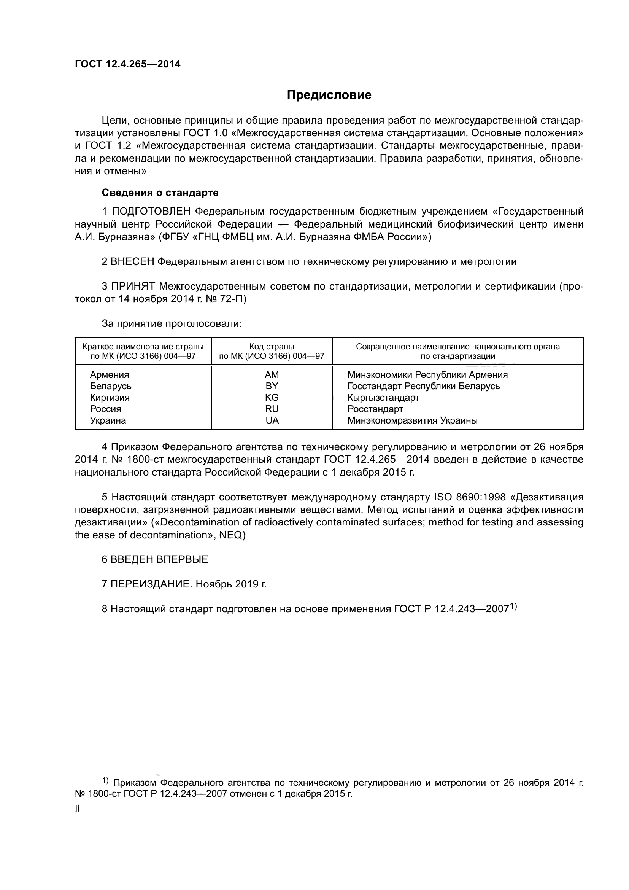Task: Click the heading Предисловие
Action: point(329,95)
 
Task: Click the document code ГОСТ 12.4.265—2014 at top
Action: point(127,64)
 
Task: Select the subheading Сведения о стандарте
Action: point(160,193)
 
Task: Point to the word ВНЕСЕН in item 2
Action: point(132,262)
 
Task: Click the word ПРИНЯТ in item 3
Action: point(133,287)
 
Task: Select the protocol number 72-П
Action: point(232,299)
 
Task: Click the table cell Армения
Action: point(109,375)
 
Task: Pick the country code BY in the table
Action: point(272,386)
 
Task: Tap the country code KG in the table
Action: point(272,398)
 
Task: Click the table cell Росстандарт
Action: point(375,409)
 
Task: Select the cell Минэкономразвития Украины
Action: point(412,420)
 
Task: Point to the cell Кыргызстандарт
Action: point(383,398)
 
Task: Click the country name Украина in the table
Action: point(108,420)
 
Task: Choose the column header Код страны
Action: point(272,347)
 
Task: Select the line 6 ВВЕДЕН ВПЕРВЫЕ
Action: point(154,559)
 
